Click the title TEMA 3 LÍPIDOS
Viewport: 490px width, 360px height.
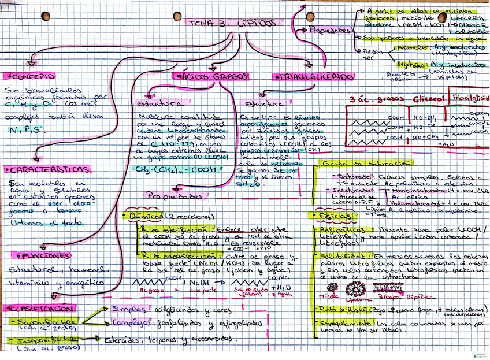click(x=231, y=23)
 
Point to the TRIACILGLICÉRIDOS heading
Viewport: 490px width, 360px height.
click(x=314, y=77)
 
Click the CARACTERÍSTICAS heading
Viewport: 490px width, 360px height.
click(x=49, y=169)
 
